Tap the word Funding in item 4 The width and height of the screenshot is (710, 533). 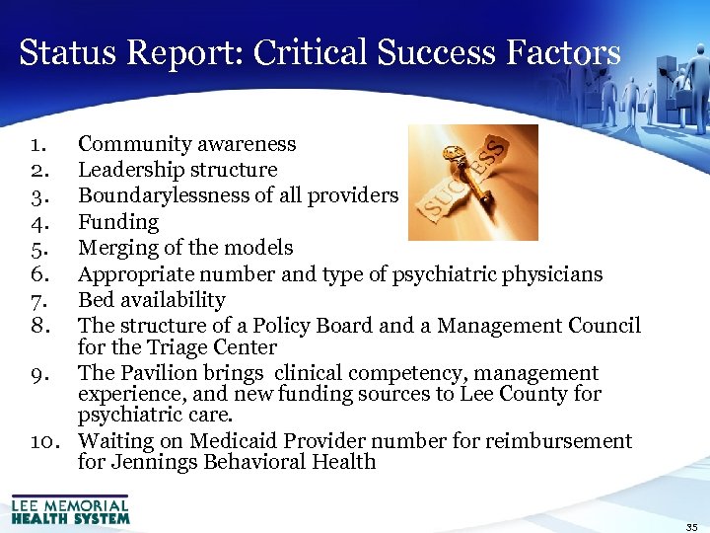pos(118,222)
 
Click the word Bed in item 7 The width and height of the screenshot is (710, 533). pos(96,299)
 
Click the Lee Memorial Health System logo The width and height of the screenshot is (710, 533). pos(70,508)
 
